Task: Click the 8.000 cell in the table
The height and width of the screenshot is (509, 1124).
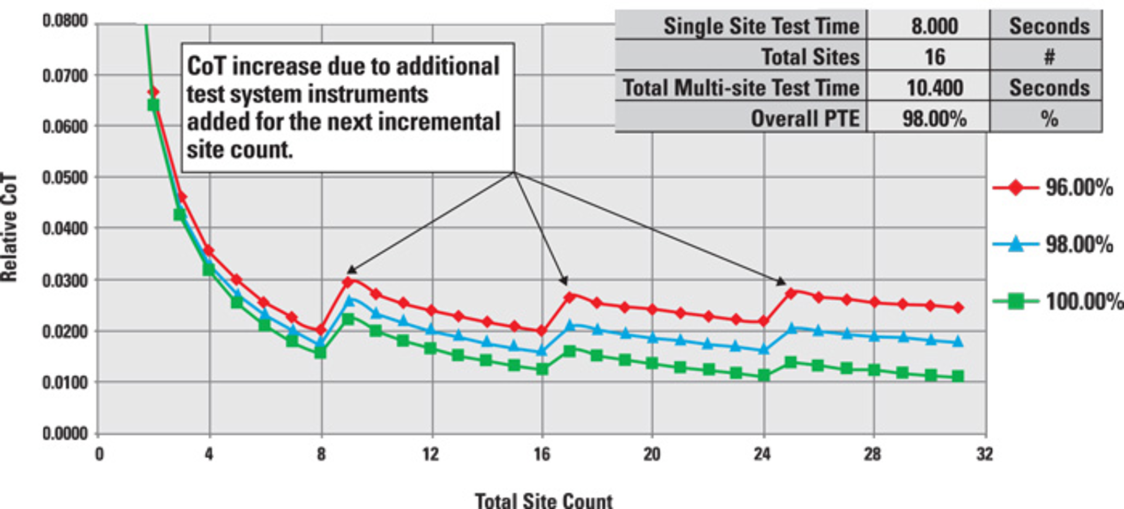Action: click(934, 26)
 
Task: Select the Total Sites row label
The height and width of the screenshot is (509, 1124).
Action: click(810, 57)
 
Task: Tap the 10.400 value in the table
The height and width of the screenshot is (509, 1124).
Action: click(934, 88)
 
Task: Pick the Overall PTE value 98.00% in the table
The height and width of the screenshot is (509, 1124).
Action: click(934, 119)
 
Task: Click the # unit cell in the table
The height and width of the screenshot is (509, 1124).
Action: click(1049, 57)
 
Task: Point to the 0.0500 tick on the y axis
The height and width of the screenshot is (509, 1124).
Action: click(65, 177)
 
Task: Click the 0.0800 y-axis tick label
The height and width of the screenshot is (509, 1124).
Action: click(65, 21)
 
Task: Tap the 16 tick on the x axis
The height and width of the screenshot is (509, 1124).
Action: click(542, 454)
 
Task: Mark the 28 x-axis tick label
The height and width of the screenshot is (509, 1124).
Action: click(872, 454)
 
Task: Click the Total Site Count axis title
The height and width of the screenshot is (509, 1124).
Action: click(543, 501)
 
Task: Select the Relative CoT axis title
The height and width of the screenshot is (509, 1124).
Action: click(9, 227)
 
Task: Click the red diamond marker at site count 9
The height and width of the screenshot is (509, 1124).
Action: click(348, 282)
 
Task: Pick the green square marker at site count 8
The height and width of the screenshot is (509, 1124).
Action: click(320, 353)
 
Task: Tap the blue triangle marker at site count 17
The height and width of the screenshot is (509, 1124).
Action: click(570, 324)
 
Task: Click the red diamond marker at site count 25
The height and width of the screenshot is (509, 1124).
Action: click(791, 293)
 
